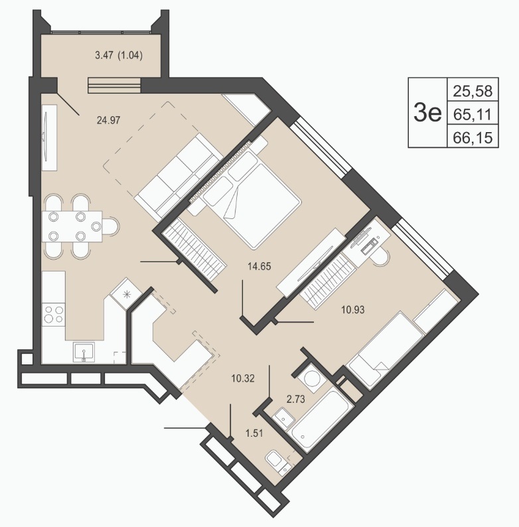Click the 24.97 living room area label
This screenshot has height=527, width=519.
click(108, 120)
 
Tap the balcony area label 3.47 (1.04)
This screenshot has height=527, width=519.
click(119, 55)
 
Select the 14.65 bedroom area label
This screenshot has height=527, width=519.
click(259, 267)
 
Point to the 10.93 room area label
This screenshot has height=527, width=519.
click(353, 309)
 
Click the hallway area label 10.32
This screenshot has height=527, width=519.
click(243, 378)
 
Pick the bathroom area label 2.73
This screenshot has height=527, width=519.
click(296, 399)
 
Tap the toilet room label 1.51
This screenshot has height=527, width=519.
click(254, 433)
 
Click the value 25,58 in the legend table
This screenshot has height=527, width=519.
click(473, 91)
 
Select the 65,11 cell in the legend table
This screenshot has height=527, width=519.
click(473, 115)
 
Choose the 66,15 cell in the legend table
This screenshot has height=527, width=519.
click(473, 137)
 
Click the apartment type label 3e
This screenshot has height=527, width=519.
click(427, 113)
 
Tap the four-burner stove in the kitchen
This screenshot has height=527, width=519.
click(54, 314)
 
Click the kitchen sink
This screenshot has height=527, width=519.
click(84, 352)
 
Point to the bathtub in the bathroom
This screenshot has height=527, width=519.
click(323, 419)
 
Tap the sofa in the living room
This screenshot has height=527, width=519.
click(178, 175)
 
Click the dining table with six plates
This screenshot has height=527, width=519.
click(72, 226)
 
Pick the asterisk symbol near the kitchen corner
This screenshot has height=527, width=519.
click(127, 295)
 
